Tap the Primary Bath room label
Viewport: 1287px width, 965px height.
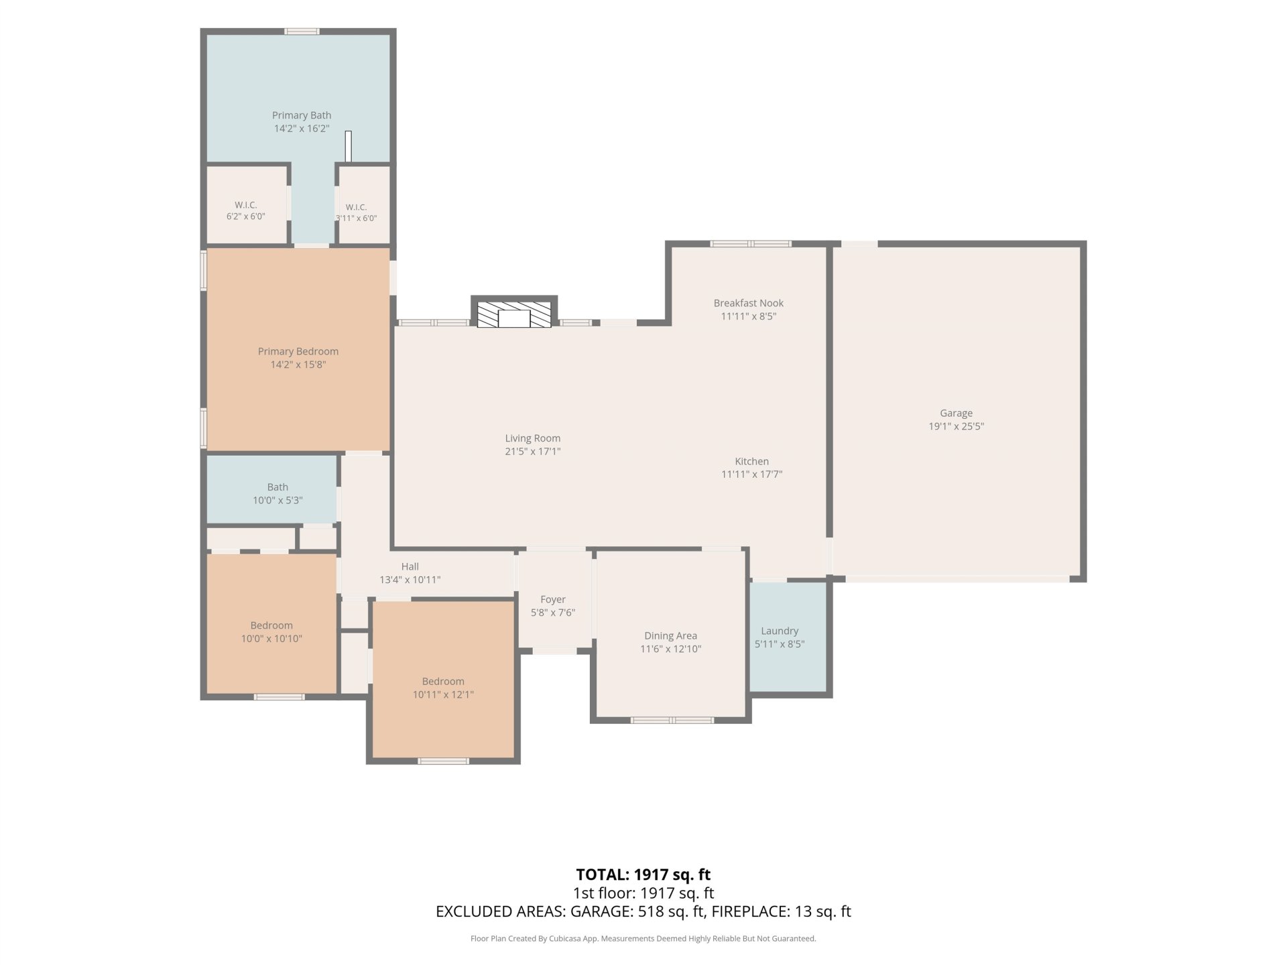[302, 115]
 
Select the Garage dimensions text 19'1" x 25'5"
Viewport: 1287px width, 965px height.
[956, 426]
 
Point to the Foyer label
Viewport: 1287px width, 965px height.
[553, 599]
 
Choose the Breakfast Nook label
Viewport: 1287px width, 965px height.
[749, 303]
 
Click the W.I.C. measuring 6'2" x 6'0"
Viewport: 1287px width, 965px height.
[246, 205]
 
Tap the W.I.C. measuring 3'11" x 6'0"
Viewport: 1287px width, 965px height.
[363, 205]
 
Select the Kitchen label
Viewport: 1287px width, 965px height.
[752, 461]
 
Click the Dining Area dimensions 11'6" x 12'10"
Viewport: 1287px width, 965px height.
[671, 649]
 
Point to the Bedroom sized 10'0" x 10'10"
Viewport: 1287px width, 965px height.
[271, 623]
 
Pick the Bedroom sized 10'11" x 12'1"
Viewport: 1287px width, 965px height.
[443, 680]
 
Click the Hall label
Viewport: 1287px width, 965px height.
[410, 566]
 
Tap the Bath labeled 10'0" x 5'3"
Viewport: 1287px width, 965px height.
[271, 489]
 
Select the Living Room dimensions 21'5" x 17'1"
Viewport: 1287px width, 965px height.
[533, 452]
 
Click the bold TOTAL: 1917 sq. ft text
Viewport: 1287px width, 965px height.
[643, 875]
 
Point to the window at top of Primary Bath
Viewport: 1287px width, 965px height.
[302, 31]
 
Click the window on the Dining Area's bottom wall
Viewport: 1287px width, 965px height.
[672, 720]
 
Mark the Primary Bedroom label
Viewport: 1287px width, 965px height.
[298, 351]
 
